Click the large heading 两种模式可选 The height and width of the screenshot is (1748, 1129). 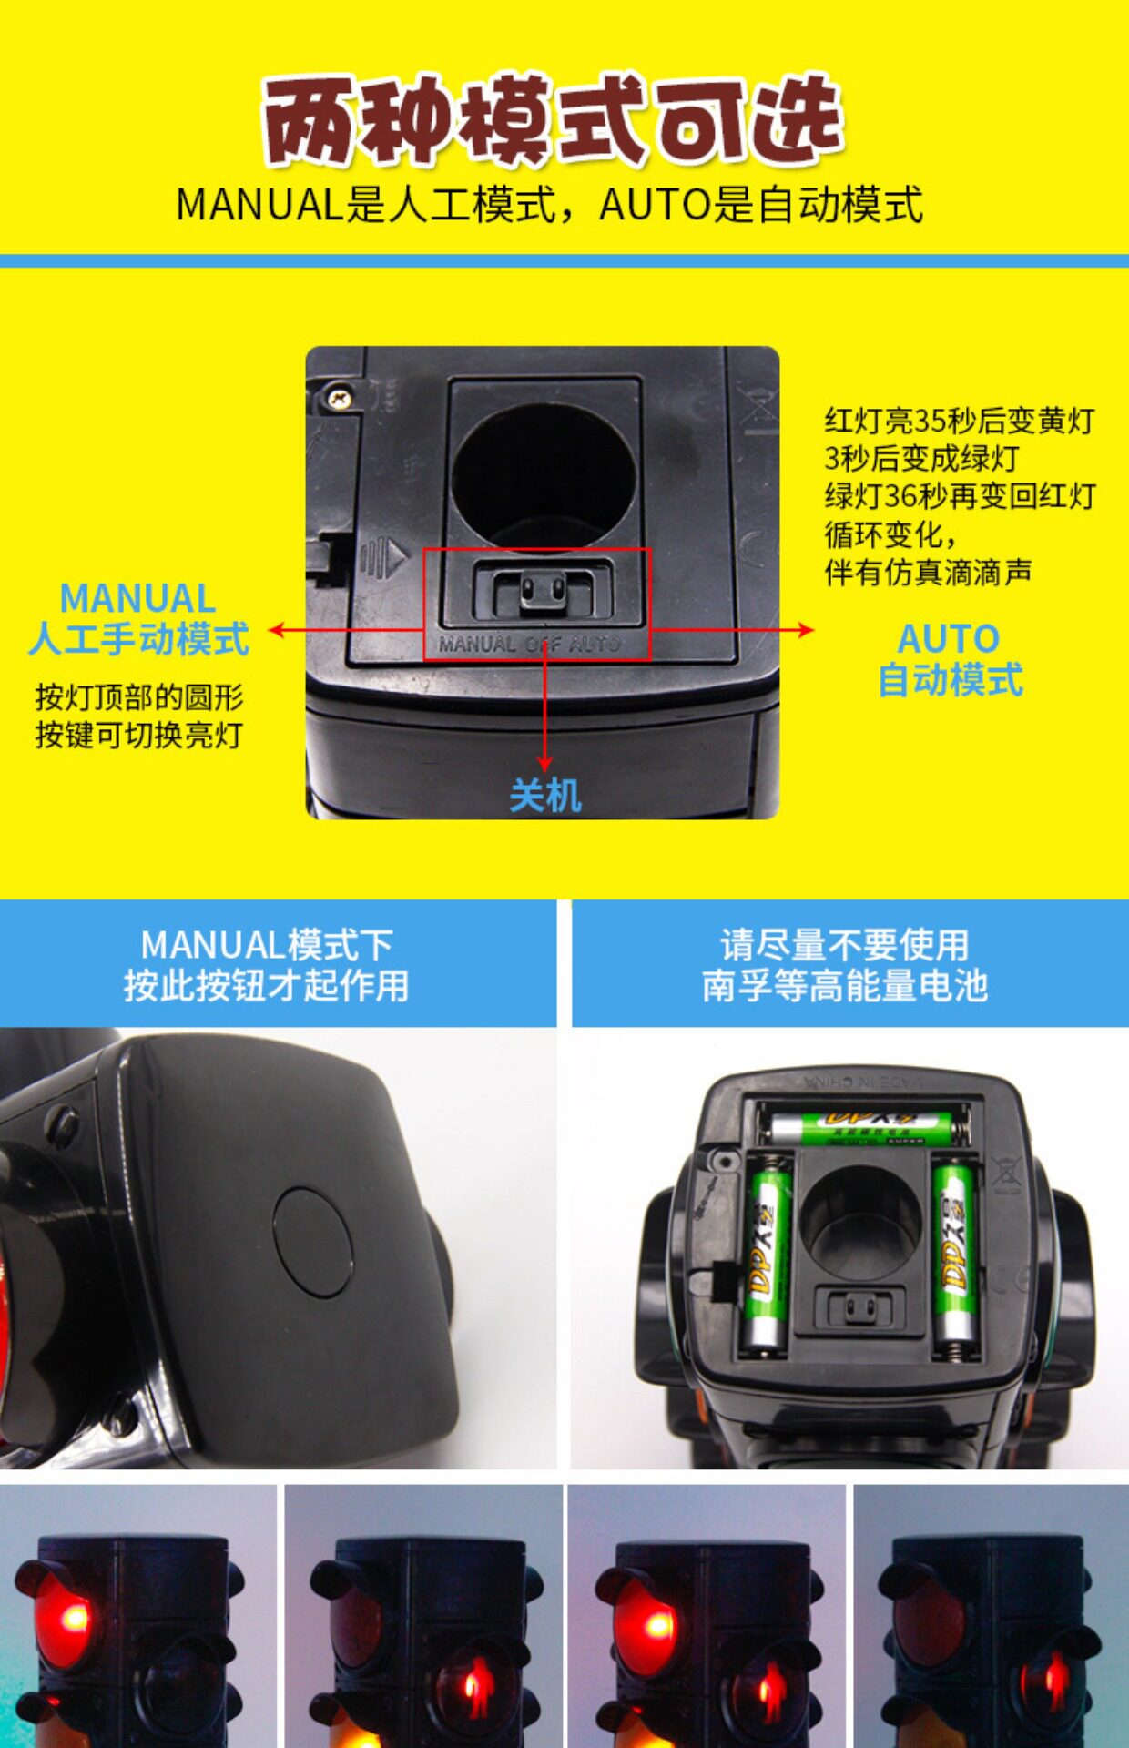tap(554, 120)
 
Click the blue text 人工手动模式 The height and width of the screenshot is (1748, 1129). tap(138, 639)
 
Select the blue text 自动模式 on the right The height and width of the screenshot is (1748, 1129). tap(951, 680)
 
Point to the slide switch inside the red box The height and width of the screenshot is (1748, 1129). tap(542, 592)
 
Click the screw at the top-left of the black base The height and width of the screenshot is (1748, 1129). tap(340, 397)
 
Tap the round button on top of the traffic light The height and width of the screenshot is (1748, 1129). tap(312, 1241)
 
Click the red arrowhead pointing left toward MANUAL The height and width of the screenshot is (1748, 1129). tap(278, 630)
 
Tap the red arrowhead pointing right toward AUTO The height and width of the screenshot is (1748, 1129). tap(805, 629)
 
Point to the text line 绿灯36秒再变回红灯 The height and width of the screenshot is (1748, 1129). tap(960, 496)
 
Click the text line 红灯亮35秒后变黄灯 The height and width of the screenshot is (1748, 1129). tap(960, 421)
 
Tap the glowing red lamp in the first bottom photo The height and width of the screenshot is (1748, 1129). tap(64, 1621)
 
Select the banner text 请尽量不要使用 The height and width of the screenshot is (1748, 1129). tap(844, 945)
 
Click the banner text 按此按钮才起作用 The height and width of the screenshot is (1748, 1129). tap(266, 985)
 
